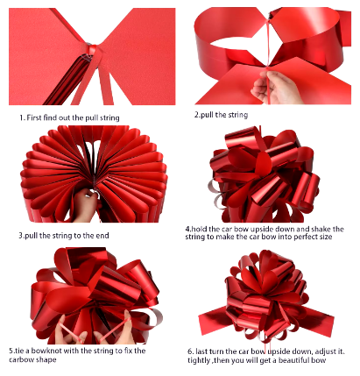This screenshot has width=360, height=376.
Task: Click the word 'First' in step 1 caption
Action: tap(34, 118)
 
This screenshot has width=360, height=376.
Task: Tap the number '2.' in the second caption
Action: tap(197, 115)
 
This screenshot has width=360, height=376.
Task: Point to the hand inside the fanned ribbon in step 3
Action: tap(85, 205)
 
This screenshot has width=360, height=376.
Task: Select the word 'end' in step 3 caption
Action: tap(102, 236)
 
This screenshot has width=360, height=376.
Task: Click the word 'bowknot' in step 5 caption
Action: tap(46, 351)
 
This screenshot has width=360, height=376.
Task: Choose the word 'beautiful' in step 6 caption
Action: tap(293, 360)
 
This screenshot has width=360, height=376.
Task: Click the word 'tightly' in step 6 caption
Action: tap(199, 360)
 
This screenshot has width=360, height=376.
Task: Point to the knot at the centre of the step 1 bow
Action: tap(92, 50)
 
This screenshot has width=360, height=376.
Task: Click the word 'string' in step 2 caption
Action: tap(237, 115)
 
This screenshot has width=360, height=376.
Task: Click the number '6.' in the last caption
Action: tap(191, 351)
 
